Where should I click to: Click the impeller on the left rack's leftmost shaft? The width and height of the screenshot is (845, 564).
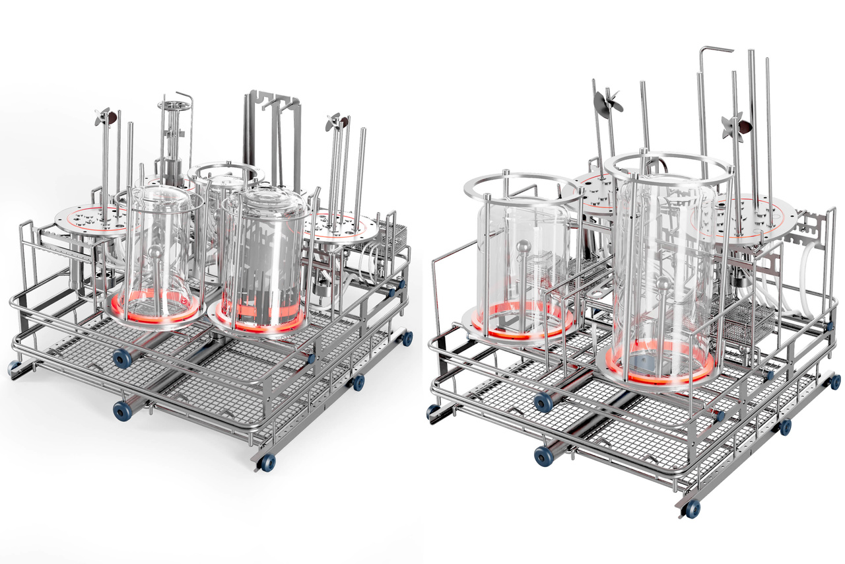click(x=105, y=117)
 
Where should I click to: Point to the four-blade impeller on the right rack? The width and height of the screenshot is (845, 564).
click(x=735, y=125)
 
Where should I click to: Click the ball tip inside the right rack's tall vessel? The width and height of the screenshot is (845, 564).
click(x=662, y=284)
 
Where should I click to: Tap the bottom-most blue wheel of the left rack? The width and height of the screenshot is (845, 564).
click(x=267, y=463)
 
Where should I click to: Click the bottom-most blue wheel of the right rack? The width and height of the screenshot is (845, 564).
click(x=691, y=509)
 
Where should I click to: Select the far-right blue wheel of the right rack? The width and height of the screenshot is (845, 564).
click(x=834, y=382)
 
